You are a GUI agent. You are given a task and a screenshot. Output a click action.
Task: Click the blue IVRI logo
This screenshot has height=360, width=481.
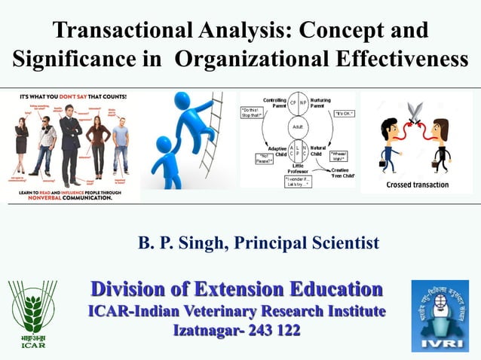point(440,315)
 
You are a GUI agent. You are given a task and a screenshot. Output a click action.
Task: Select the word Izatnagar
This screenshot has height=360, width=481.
point(204,330)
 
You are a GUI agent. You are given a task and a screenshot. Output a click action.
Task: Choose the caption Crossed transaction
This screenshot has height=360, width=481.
point(417,185)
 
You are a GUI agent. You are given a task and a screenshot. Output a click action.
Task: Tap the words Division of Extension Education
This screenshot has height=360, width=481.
point(237,289)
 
